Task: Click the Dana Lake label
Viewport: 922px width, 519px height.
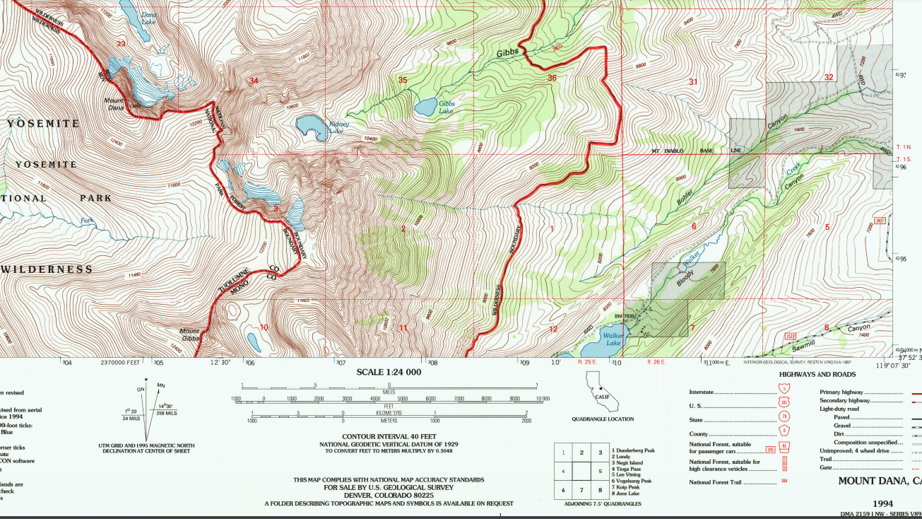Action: (x=148, y=18)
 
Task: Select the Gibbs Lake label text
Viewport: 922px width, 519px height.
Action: (x=446, y=107)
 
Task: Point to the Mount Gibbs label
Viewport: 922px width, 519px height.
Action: (x=189, y=334)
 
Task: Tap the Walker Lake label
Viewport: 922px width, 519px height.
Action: (x=612, y=339)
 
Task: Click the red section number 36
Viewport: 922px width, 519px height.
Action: (x=552, y=78)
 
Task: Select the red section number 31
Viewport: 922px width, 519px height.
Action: (x=693, y=82)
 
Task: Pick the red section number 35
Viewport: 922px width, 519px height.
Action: (x=403, y=80)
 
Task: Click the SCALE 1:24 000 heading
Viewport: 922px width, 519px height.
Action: (x=389, y=372)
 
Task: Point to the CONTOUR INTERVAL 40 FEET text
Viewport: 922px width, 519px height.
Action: (x=389, y=436)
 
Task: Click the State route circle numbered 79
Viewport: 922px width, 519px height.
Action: (x=784, y=418)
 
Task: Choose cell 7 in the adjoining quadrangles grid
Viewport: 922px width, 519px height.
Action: (x=581, y=489)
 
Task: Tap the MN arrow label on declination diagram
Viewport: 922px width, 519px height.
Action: (x=160, y=385)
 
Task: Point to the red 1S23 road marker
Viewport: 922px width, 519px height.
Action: (x=790, y=336)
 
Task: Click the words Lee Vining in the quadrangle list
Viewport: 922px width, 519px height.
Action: (x=627, y=474)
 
